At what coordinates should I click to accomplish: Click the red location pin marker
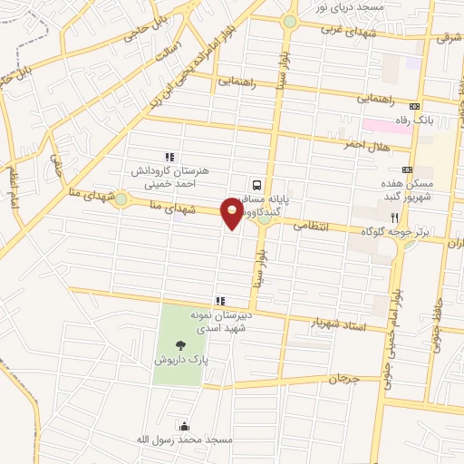[x=233, y=214]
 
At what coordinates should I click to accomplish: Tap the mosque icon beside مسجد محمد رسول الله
[x=185, y=426]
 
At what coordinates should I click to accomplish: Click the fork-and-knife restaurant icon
[x=394, y=217]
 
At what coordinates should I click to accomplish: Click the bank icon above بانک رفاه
[x=415, y=106]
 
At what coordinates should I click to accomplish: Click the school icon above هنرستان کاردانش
[x=169, y=157]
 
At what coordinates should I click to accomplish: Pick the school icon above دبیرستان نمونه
[x=218, y=301]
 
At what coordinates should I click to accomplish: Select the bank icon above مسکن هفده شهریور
[x=407, y=169]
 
